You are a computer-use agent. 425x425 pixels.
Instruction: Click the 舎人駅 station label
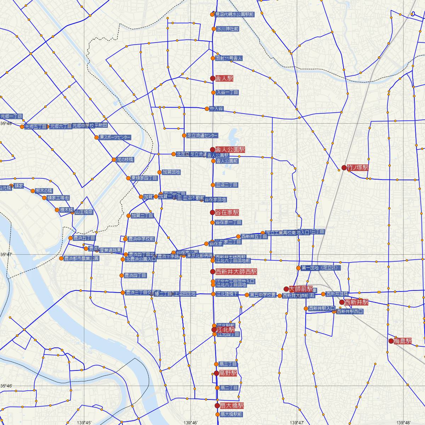click(x=224, y=78)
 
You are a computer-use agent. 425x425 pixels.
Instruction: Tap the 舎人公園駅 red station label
click(x=230, y=149)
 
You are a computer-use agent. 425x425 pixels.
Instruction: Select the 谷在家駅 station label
click(x=227, y=212)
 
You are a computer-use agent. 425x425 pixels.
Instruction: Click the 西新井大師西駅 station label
click(x=236, y=272)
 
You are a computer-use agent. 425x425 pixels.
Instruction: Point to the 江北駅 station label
click(x=224, y=329)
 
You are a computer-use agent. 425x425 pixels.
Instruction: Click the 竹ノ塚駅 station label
click(x=358, y=168)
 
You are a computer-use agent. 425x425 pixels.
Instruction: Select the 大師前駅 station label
click(x=301, y=289)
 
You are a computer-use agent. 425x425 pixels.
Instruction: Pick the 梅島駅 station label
click(x=404, y=341)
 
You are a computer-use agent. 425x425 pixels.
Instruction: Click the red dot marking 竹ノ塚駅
click(x=344, y=168)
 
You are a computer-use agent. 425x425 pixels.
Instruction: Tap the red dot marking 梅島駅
click(x=391, y=341)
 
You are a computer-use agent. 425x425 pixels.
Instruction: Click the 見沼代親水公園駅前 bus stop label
click(x=234, y=15)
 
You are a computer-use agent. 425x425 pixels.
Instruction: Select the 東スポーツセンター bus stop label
click(x=115, y=137)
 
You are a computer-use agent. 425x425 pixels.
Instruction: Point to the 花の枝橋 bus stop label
click(x=125, y=160)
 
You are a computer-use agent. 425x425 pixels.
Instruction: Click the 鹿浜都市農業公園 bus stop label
click(x=81, y=259)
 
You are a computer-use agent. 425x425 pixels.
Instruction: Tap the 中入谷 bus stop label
click(x=216, y=109)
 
